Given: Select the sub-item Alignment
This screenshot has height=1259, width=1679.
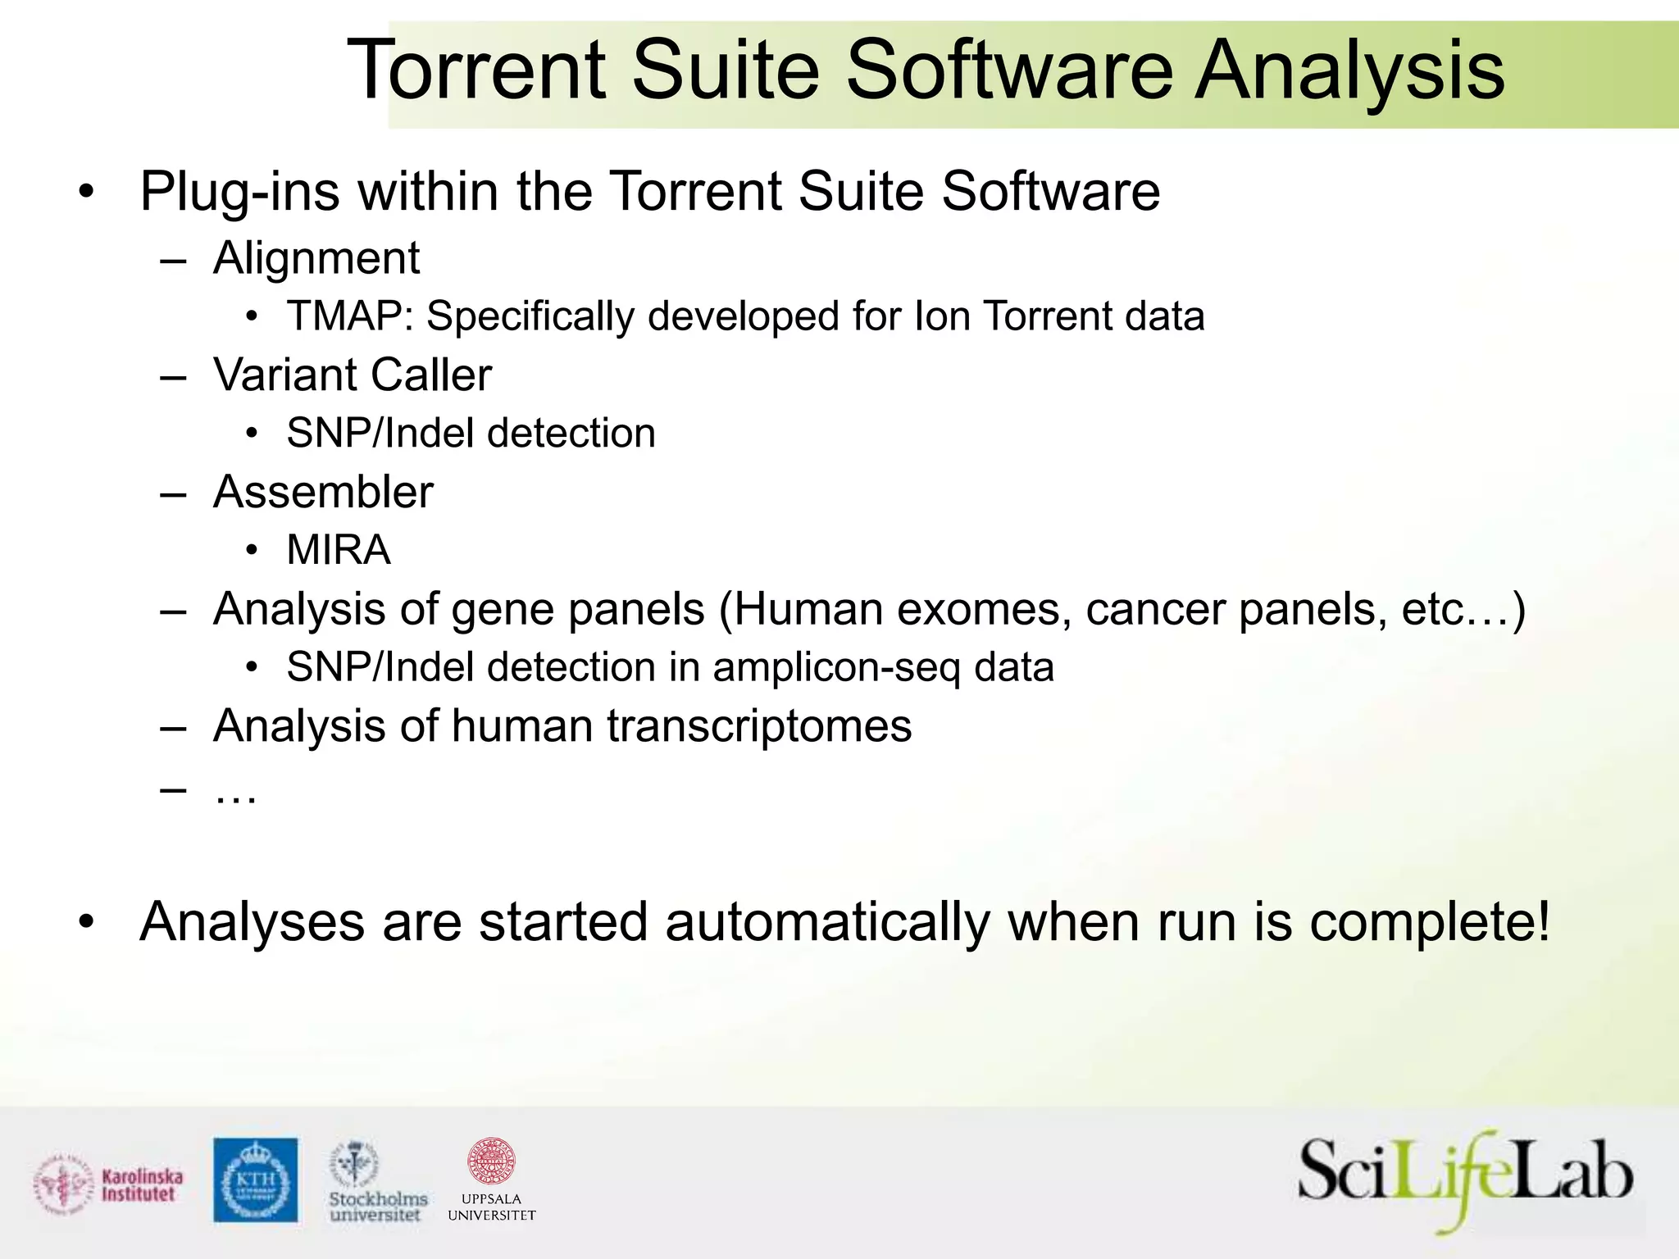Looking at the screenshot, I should (x=316, y=258).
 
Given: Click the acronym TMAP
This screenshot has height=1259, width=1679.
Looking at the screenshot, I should (x=349, y=316).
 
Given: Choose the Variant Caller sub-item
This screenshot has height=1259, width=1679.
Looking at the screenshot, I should (x=353, y=375).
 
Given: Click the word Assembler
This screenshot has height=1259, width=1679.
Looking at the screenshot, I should (x=323, y=493).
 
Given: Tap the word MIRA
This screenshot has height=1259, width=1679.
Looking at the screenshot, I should (x=339, y=550).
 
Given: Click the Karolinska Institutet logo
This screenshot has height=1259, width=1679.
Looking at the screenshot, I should (x=109, y=1185).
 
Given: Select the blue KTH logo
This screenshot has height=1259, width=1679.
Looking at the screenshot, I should (x=256, y=1179).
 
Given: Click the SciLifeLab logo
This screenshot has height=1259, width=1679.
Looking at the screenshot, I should (x=1464, y=1180).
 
